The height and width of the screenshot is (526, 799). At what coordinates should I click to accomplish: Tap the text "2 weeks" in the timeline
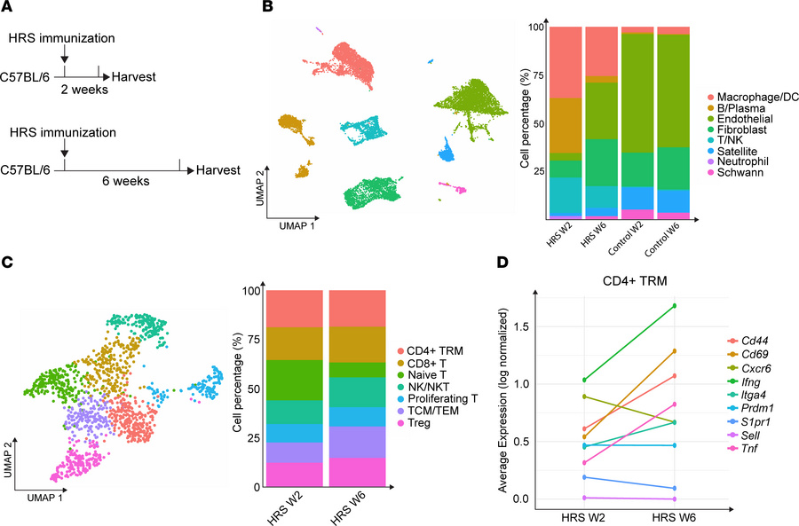tap(84, 90)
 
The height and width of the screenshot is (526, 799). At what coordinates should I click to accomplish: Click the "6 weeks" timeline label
tap(126, 181)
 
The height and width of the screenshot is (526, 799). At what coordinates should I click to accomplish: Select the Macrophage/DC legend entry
tap(753, 98)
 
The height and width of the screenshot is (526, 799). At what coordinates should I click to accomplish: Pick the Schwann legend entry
tap(735, 173)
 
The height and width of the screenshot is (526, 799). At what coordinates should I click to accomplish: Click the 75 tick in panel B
tap(538, 75)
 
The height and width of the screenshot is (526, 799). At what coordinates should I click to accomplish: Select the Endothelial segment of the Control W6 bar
tap(673, 90)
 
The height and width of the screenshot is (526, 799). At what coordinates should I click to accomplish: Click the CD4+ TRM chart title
tap(635, 281)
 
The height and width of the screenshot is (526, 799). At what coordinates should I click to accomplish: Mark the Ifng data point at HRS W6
tap(675, 305)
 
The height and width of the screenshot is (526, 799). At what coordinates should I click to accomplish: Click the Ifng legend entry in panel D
tap(744, 382)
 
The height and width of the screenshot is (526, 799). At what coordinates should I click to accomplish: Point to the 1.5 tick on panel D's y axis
tap(520, 326)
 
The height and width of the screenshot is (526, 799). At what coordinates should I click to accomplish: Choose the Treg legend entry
tap(414, 423)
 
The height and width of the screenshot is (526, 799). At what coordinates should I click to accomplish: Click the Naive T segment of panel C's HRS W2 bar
tap(295, 381)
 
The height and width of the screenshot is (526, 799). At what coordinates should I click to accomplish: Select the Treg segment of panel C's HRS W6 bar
tap(357, 473)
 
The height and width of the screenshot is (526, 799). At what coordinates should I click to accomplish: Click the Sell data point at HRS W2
tap(584, 498)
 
